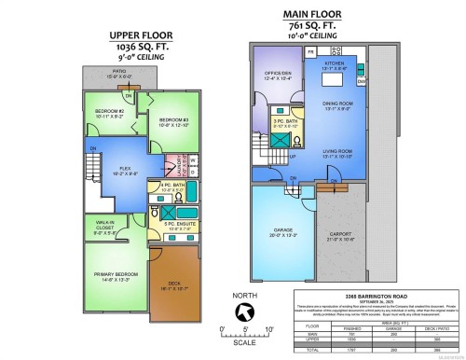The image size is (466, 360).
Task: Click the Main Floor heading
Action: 318,14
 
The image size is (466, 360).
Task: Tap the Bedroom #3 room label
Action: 173,121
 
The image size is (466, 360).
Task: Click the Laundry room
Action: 171,167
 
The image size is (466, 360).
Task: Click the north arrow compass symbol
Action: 243,312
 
